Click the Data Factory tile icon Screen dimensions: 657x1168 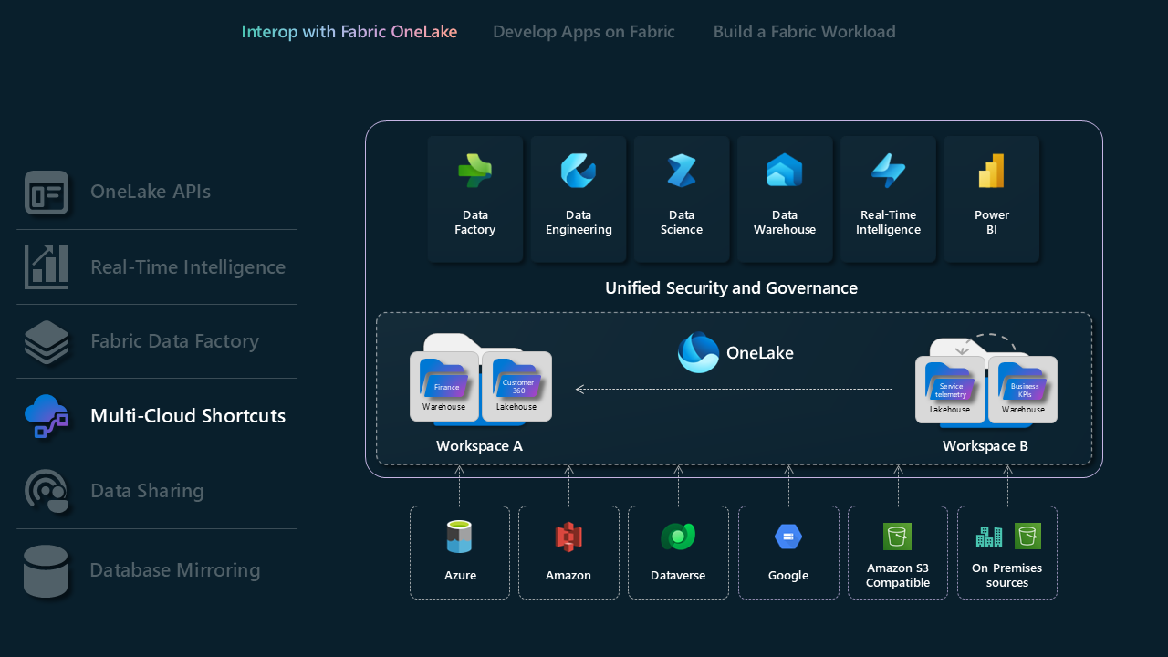(x=474, y=172)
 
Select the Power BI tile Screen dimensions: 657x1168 (x=991, y=199)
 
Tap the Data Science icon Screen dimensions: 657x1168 (x=682, y=172)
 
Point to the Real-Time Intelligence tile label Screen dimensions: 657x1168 (x=888, y=223)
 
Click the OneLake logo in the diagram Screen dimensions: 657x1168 (x=699, y=352)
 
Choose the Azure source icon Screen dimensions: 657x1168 (x=460, y=537)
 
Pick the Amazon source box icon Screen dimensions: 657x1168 (x=568, y=537)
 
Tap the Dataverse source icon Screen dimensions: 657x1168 (x=678, y=537)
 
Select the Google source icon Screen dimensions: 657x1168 (x=788, y=537)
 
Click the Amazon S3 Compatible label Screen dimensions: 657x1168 (x=898, y=576)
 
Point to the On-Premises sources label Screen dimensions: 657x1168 (x=1007, y=576)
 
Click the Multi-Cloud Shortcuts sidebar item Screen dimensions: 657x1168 (x=188, y=416)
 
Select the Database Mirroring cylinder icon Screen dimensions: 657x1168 (x=46, y=571)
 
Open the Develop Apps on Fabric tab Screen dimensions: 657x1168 (x=584, y=32)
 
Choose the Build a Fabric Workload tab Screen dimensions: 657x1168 (x=804, y=32)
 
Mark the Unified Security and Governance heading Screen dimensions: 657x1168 (x=731, y=288)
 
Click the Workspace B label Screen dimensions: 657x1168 (x=985, y=446)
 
